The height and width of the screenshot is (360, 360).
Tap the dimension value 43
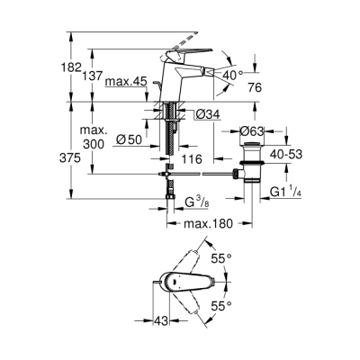click(160, 321)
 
